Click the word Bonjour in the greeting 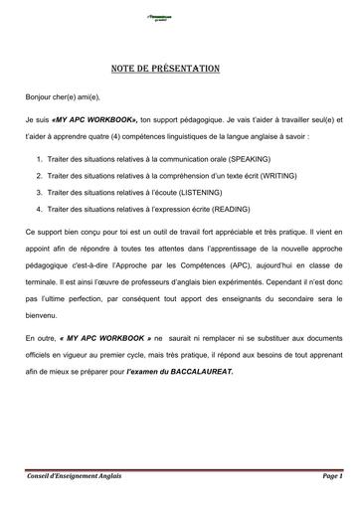coord(41,100)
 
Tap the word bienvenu coord(44,318)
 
